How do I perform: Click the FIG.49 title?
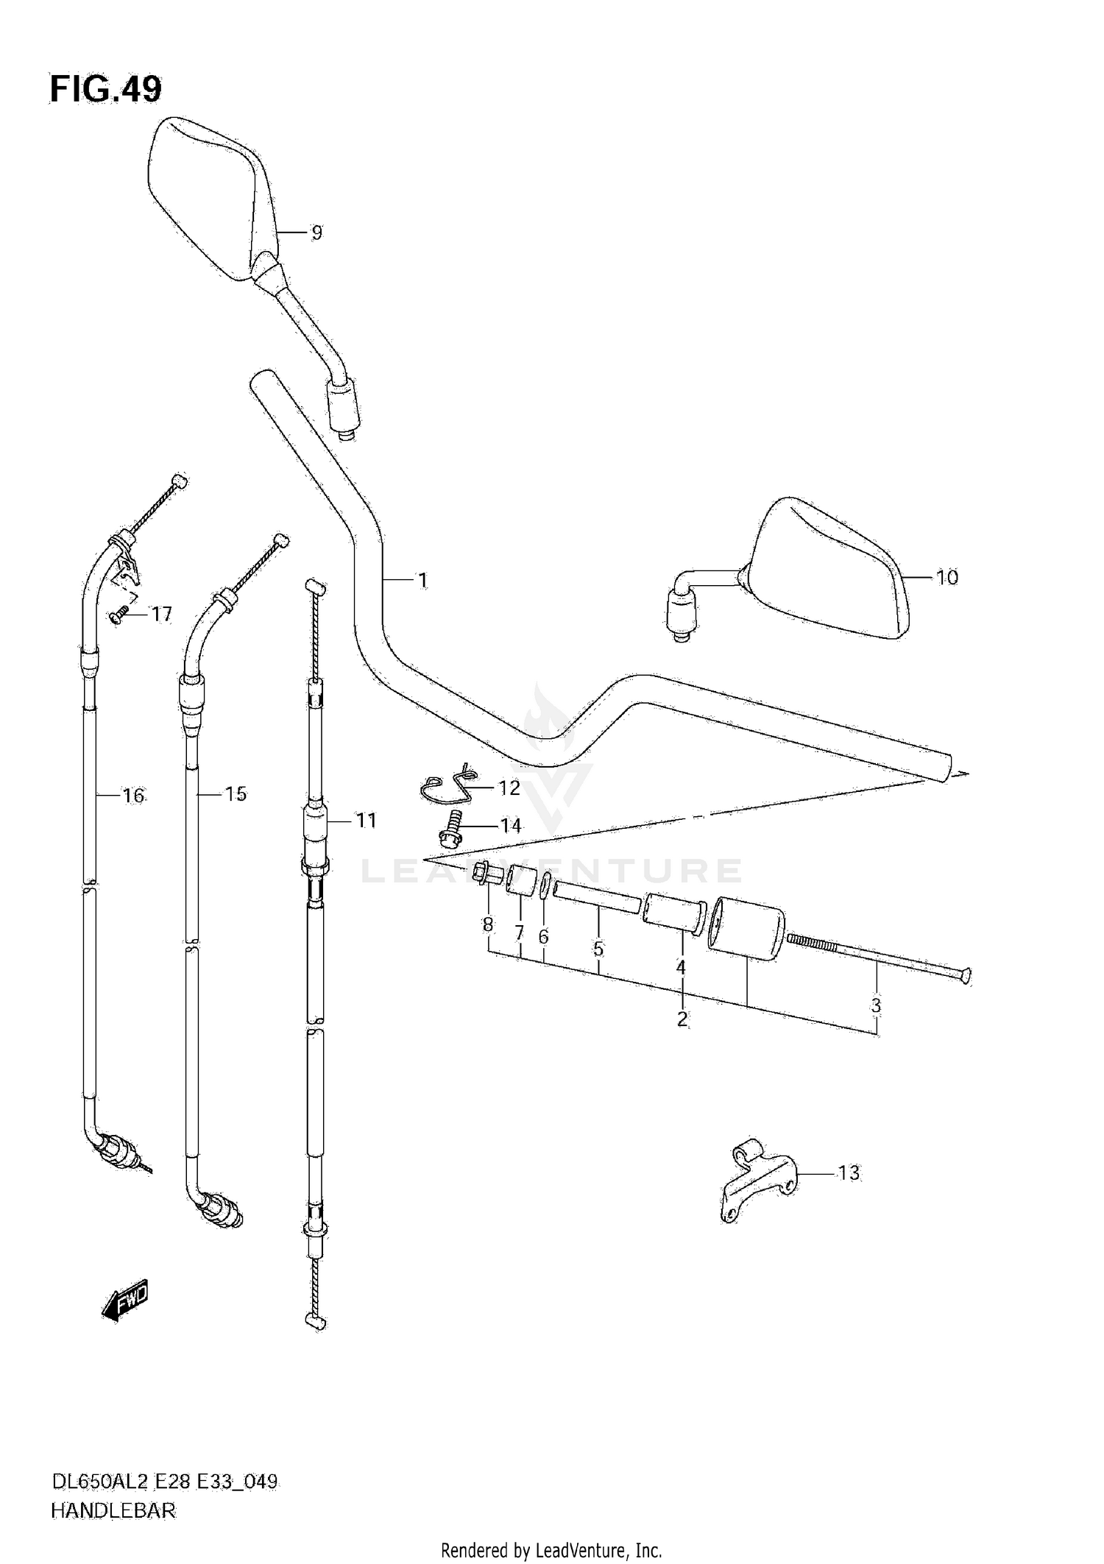pos(105,89)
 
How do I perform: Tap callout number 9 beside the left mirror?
pos(316,233)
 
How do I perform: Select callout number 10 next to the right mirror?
pos(946,577)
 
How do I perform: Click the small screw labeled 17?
pos(118,615)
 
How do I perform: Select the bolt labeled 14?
pos(448,828)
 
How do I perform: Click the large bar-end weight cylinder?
pos(745,927)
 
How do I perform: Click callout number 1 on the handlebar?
pos(422,581)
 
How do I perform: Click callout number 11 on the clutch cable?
pos(366,820)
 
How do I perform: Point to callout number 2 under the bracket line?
pos(682,1019)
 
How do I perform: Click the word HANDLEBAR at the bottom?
pos(113,1510)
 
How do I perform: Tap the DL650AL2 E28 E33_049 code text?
pos(163,1481)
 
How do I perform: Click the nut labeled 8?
pos(487,874)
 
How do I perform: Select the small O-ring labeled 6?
pos(545,885)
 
